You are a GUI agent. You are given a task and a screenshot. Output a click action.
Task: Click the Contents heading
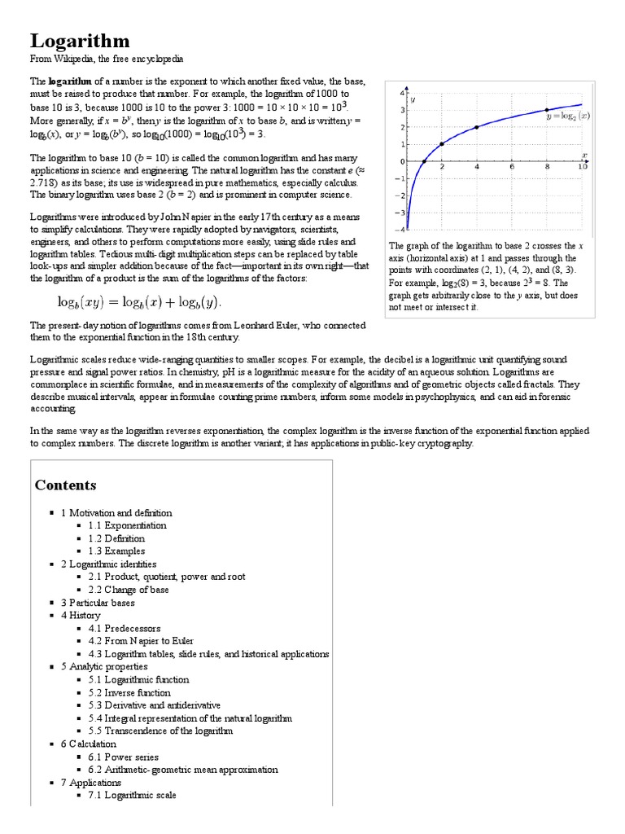point(65,485)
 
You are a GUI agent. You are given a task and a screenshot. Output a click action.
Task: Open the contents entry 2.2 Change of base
point(129,590)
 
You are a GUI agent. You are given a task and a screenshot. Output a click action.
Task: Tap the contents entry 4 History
point(81,616)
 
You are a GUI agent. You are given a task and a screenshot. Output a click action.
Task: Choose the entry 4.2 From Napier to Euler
point(136,641)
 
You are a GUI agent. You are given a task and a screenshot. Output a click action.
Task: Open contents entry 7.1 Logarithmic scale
point(132,795)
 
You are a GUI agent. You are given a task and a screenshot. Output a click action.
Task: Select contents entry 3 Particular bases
point(98,603)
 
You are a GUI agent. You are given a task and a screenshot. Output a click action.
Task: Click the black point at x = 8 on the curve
point(546,110)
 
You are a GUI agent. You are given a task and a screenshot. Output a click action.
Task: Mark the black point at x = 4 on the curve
point(476,127)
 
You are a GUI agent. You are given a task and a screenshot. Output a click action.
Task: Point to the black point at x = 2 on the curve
point(441,144)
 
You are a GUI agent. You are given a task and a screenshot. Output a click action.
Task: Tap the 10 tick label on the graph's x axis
point(581,167)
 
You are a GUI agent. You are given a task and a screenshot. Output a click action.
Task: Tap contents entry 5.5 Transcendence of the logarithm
point(160,731)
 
